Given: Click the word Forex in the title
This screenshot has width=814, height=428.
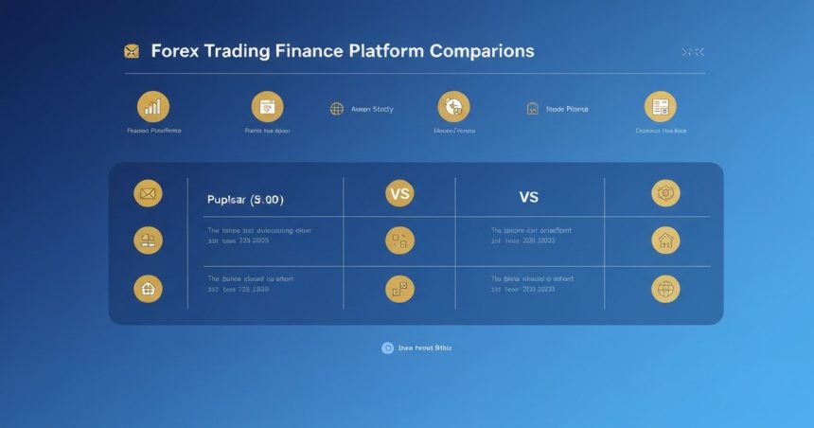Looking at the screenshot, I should coord(176,51).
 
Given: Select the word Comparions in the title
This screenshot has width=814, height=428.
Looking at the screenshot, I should coord(482,51).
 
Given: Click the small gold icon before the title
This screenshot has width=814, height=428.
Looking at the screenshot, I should coord(132,51).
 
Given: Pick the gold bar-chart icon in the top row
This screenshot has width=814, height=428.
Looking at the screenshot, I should coord(153,107).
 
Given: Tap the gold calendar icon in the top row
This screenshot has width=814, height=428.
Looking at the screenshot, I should coord(267,107).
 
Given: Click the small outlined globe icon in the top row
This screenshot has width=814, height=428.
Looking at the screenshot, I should coord(336,109).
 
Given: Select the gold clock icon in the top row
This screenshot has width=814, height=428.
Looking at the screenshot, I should coord(453,107).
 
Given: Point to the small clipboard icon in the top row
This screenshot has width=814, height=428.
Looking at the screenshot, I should coord(532,109).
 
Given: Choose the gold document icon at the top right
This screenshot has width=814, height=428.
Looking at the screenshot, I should coord(660,107).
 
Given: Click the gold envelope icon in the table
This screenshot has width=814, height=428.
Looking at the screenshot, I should coord(148,194).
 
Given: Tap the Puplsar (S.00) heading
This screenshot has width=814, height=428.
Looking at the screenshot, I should coord(245,200).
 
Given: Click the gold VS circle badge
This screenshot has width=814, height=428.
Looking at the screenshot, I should coord(400,193).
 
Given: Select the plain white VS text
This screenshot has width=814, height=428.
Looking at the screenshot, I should coord(528,197).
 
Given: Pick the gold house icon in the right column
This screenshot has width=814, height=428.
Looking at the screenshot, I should coord(665,241).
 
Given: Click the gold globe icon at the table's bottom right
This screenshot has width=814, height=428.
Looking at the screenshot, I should coord(665,289).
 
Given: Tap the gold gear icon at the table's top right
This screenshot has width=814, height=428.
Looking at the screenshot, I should coord(665,193).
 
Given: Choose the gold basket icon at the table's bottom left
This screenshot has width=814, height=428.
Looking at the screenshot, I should coord(148,288).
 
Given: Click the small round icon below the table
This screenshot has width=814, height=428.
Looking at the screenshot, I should coord(387,348).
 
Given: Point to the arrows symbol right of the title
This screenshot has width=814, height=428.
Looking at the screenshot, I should coord(693,51).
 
